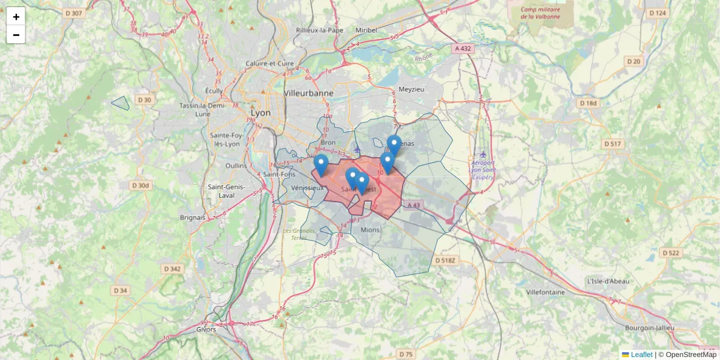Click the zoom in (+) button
click(x=16, y=17)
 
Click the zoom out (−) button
click(x=16, y=35)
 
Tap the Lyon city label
click(x=260, y=113)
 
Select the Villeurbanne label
click(x=308, y=94)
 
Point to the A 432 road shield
click(x=463, y=48)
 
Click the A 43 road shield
click(x=414, y=205)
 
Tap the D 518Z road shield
click(x=445, y=260)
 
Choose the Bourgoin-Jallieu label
click(x=649, y=328)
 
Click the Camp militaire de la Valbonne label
click(x=541, y=13)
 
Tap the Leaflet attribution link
click(x=641, y=355)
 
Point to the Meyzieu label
click(x=411, y=89)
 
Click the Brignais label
click(x=192, y=217)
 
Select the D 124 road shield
click(x=657, y=13)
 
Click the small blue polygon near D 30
click(x=121, y=103)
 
